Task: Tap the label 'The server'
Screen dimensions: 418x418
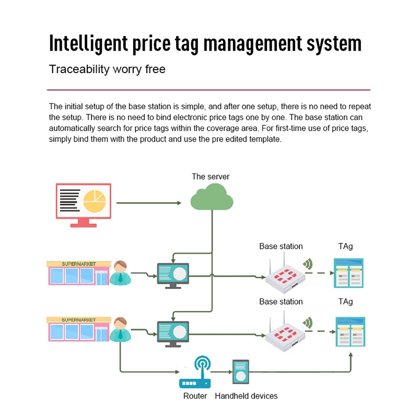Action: (211, 177)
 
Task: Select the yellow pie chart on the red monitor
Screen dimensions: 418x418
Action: (95, 201)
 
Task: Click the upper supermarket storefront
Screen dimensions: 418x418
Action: (78, 273)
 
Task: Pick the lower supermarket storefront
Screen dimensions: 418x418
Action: (78, 329)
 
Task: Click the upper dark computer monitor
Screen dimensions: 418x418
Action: (173, 275)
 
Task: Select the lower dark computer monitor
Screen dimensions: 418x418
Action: (173, 333)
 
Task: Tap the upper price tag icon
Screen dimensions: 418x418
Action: (349, 273)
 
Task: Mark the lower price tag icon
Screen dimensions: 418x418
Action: (350, 331)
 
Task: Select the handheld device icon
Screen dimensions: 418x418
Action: (240, 373)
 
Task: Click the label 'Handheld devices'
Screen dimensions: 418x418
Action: (246, 396)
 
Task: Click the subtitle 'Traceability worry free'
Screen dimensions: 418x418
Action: (107, 69)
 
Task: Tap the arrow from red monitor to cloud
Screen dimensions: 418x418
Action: (148, 203)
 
